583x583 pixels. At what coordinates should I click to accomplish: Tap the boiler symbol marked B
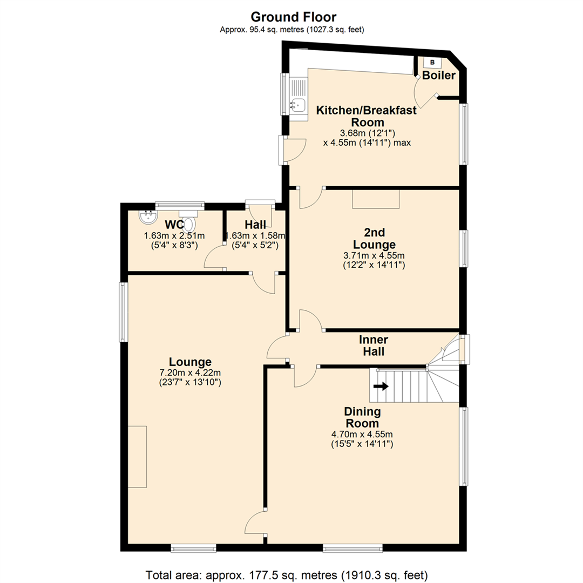click(x=432, y=62)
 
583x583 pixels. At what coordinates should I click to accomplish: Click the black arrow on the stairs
click(x=381, y=386)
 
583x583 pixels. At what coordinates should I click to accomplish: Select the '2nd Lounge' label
click(x=374, y=239)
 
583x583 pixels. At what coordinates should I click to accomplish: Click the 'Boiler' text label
click(x=439, y=76)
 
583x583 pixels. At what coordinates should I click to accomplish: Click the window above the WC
click(x=180, y=205)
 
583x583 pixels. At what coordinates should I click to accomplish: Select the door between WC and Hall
click(x=215, y=257)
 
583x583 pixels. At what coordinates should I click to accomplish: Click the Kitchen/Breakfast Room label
click(x=366, y=116)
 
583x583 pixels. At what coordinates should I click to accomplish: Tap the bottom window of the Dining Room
click(x=352, y=548)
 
